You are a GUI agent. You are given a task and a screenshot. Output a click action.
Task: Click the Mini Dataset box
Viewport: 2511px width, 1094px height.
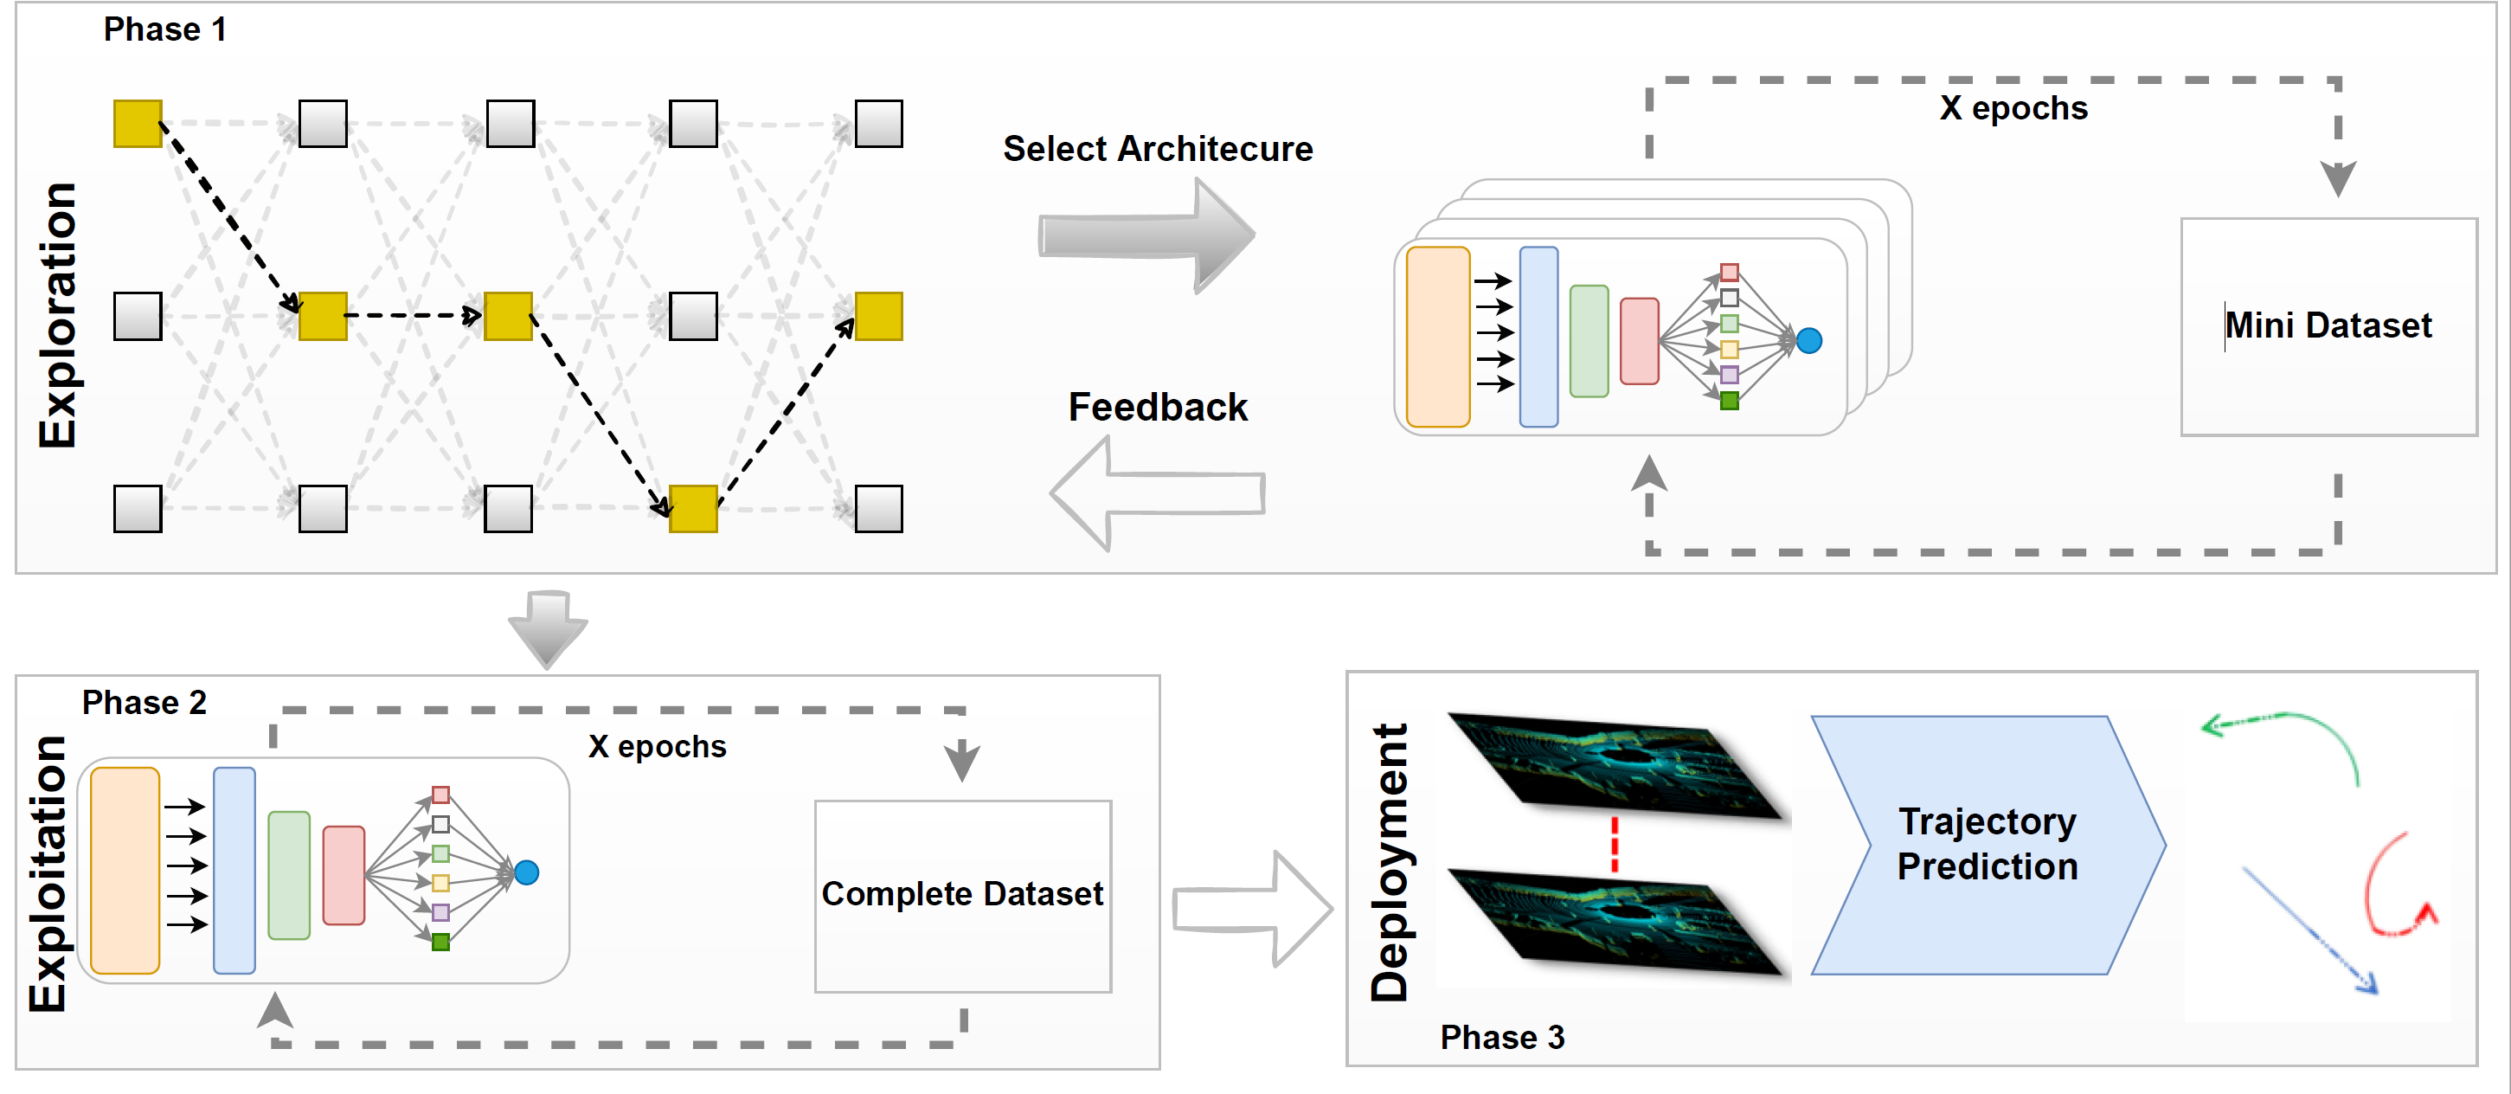pos(2328,325)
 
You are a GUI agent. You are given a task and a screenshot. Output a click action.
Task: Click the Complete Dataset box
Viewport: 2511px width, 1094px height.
pos(962,894)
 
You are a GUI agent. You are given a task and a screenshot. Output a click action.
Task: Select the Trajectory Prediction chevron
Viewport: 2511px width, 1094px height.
pos(1987,845)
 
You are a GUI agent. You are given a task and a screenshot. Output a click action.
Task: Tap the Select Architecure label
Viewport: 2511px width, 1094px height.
pos(1158,149)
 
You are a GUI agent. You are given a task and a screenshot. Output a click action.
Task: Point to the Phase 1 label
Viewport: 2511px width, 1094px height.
pos(164,29)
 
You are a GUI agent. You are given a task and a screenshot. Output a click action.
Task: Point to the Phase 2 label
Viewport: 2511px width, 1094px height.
pos(144,702)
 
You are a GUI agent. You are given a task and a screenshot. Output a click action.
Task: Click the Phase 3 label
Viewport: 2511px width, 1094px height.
pos(1502,1038)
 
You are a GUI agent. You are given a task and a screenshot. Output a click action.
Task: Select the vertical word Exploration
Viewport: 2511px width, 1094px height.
pos(59,315)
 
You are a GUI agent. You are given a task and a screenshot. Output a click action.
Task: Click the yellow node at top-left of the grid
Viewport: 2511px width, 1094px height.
pos(138,124)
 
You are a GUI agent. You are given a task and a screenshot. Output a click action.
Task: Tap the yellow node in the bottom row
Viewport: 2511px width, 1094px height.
pos(693,509)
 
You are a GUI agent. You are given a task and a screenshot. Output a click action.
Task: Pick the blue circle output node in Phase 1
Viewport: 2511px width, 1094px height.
pos(1809,340)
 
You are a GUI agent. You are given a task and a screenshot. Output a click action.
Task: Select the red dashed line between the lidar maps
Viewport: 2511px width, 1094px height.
pos(1615,843)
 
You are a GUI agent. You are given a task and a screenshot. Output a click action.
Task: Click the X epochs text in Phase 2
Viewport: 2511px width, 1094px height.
pos(657,747)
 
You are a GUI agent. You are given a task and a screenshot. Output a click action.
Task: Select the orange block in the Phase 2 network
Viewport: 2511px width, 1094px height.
pos(125,870)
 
